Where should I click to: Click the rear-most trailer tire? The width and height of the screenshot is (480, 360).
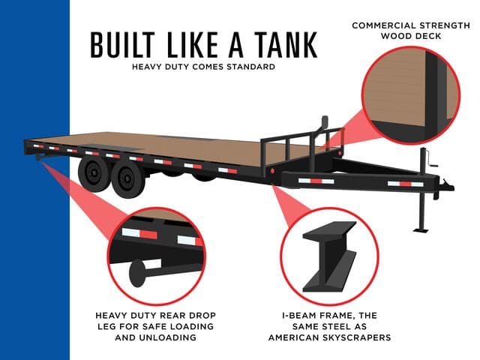click(93, 172)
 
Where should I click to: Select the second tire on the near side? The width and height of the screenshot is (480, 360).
click(127, 180)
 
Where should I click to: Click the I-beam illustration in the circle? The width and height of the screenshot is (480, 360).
click(330, 256)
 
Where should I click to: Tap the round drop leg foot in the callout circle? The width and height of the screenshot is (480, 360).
click(137, 273)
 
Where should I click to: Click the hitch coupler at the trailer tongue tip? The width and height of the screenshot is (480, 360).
click(446, 184)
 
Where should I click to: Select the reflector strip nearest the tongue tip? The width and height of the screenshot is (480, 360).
click(405, 184)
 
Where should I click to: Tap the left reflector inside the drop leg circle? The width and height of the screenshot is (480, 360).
click(139, 233)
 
